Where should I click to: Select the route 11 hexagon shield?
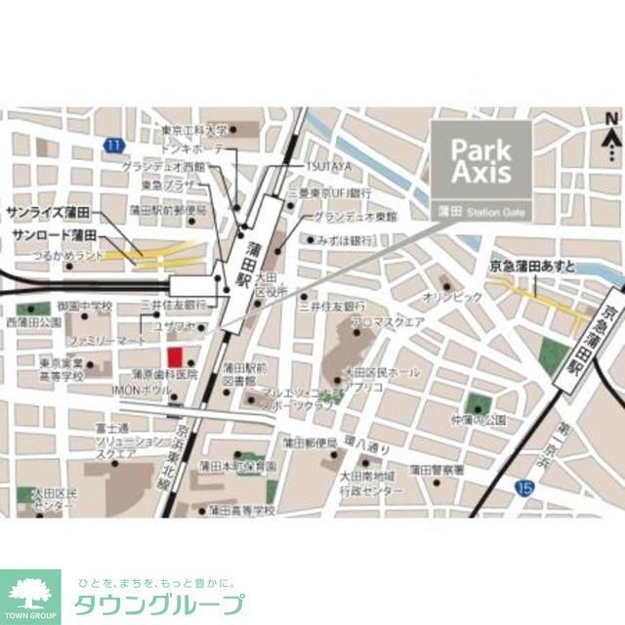[114, 146]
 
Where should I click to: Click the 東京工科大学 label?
[194, 130]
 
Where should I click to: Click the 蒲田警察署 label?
[436, 470]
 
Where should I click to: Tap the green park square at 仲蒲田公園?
[478, 403]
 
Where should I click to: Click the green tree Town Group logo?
[29, 592]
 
